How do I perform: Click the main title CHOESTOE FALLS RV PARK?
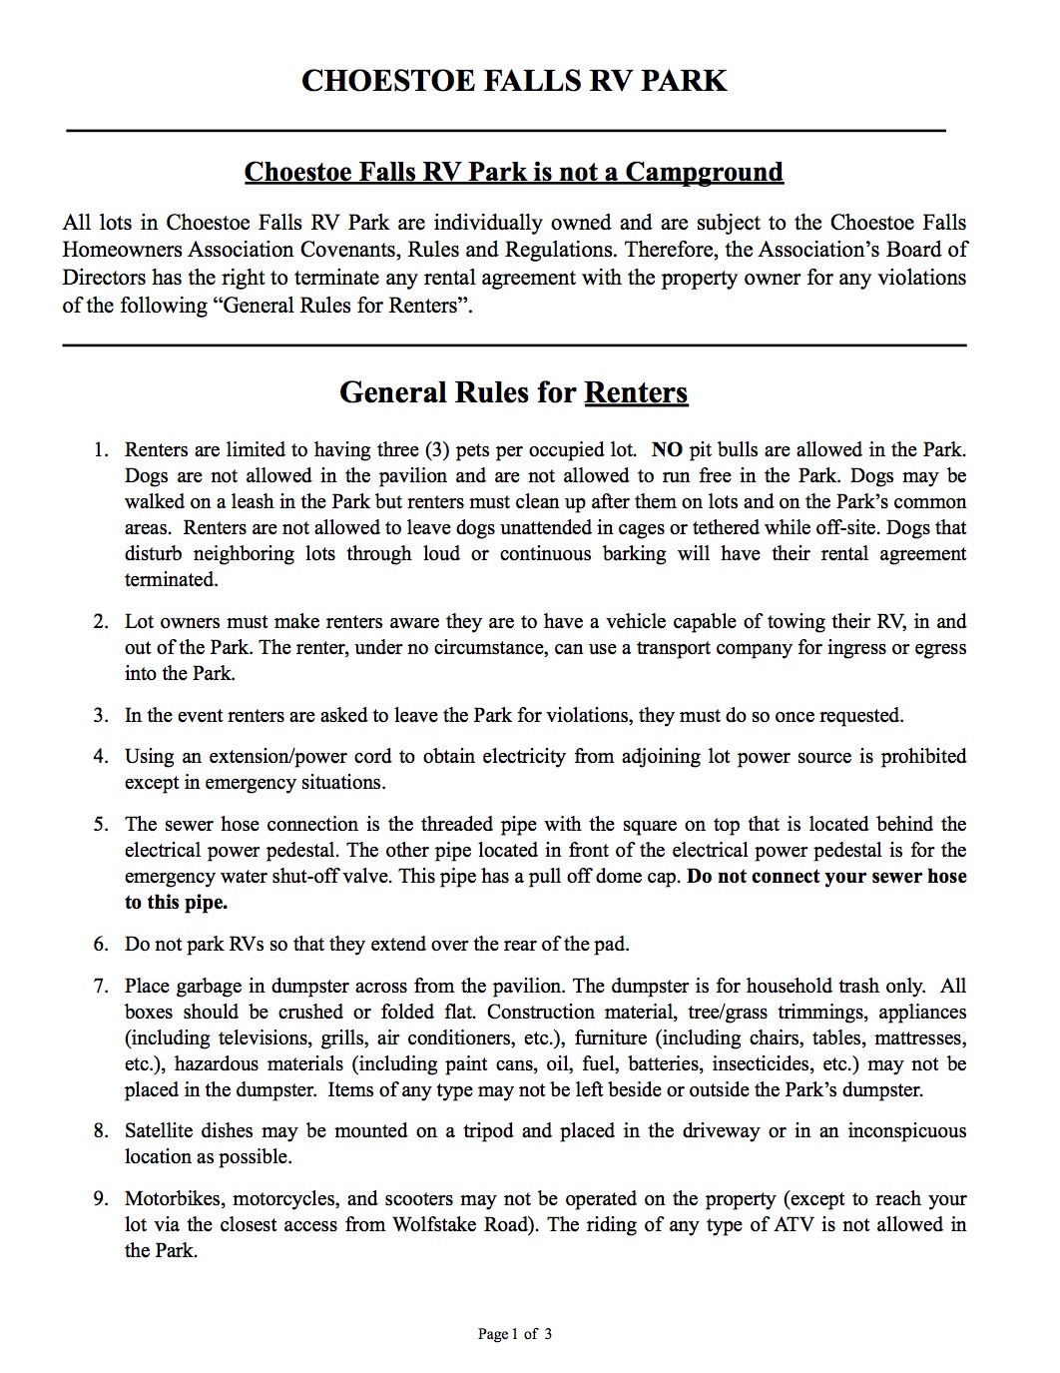click(x=514, y=81)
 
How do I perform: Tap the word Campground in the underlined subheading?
click(x=705, y=172)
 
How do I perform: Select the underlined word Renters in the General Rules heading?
click(x=636, y=392)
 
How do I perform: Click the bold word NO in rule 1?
click(x=666, y=450)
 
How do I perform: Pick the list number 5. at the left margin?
click(x=101, y=825)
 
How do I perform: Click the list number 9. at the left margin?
click(x=101, y=1199)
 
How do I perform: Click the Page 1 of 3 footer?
click(x=515, y=1334)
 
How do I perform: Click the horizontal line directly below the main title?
click(x=505, y=131)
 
